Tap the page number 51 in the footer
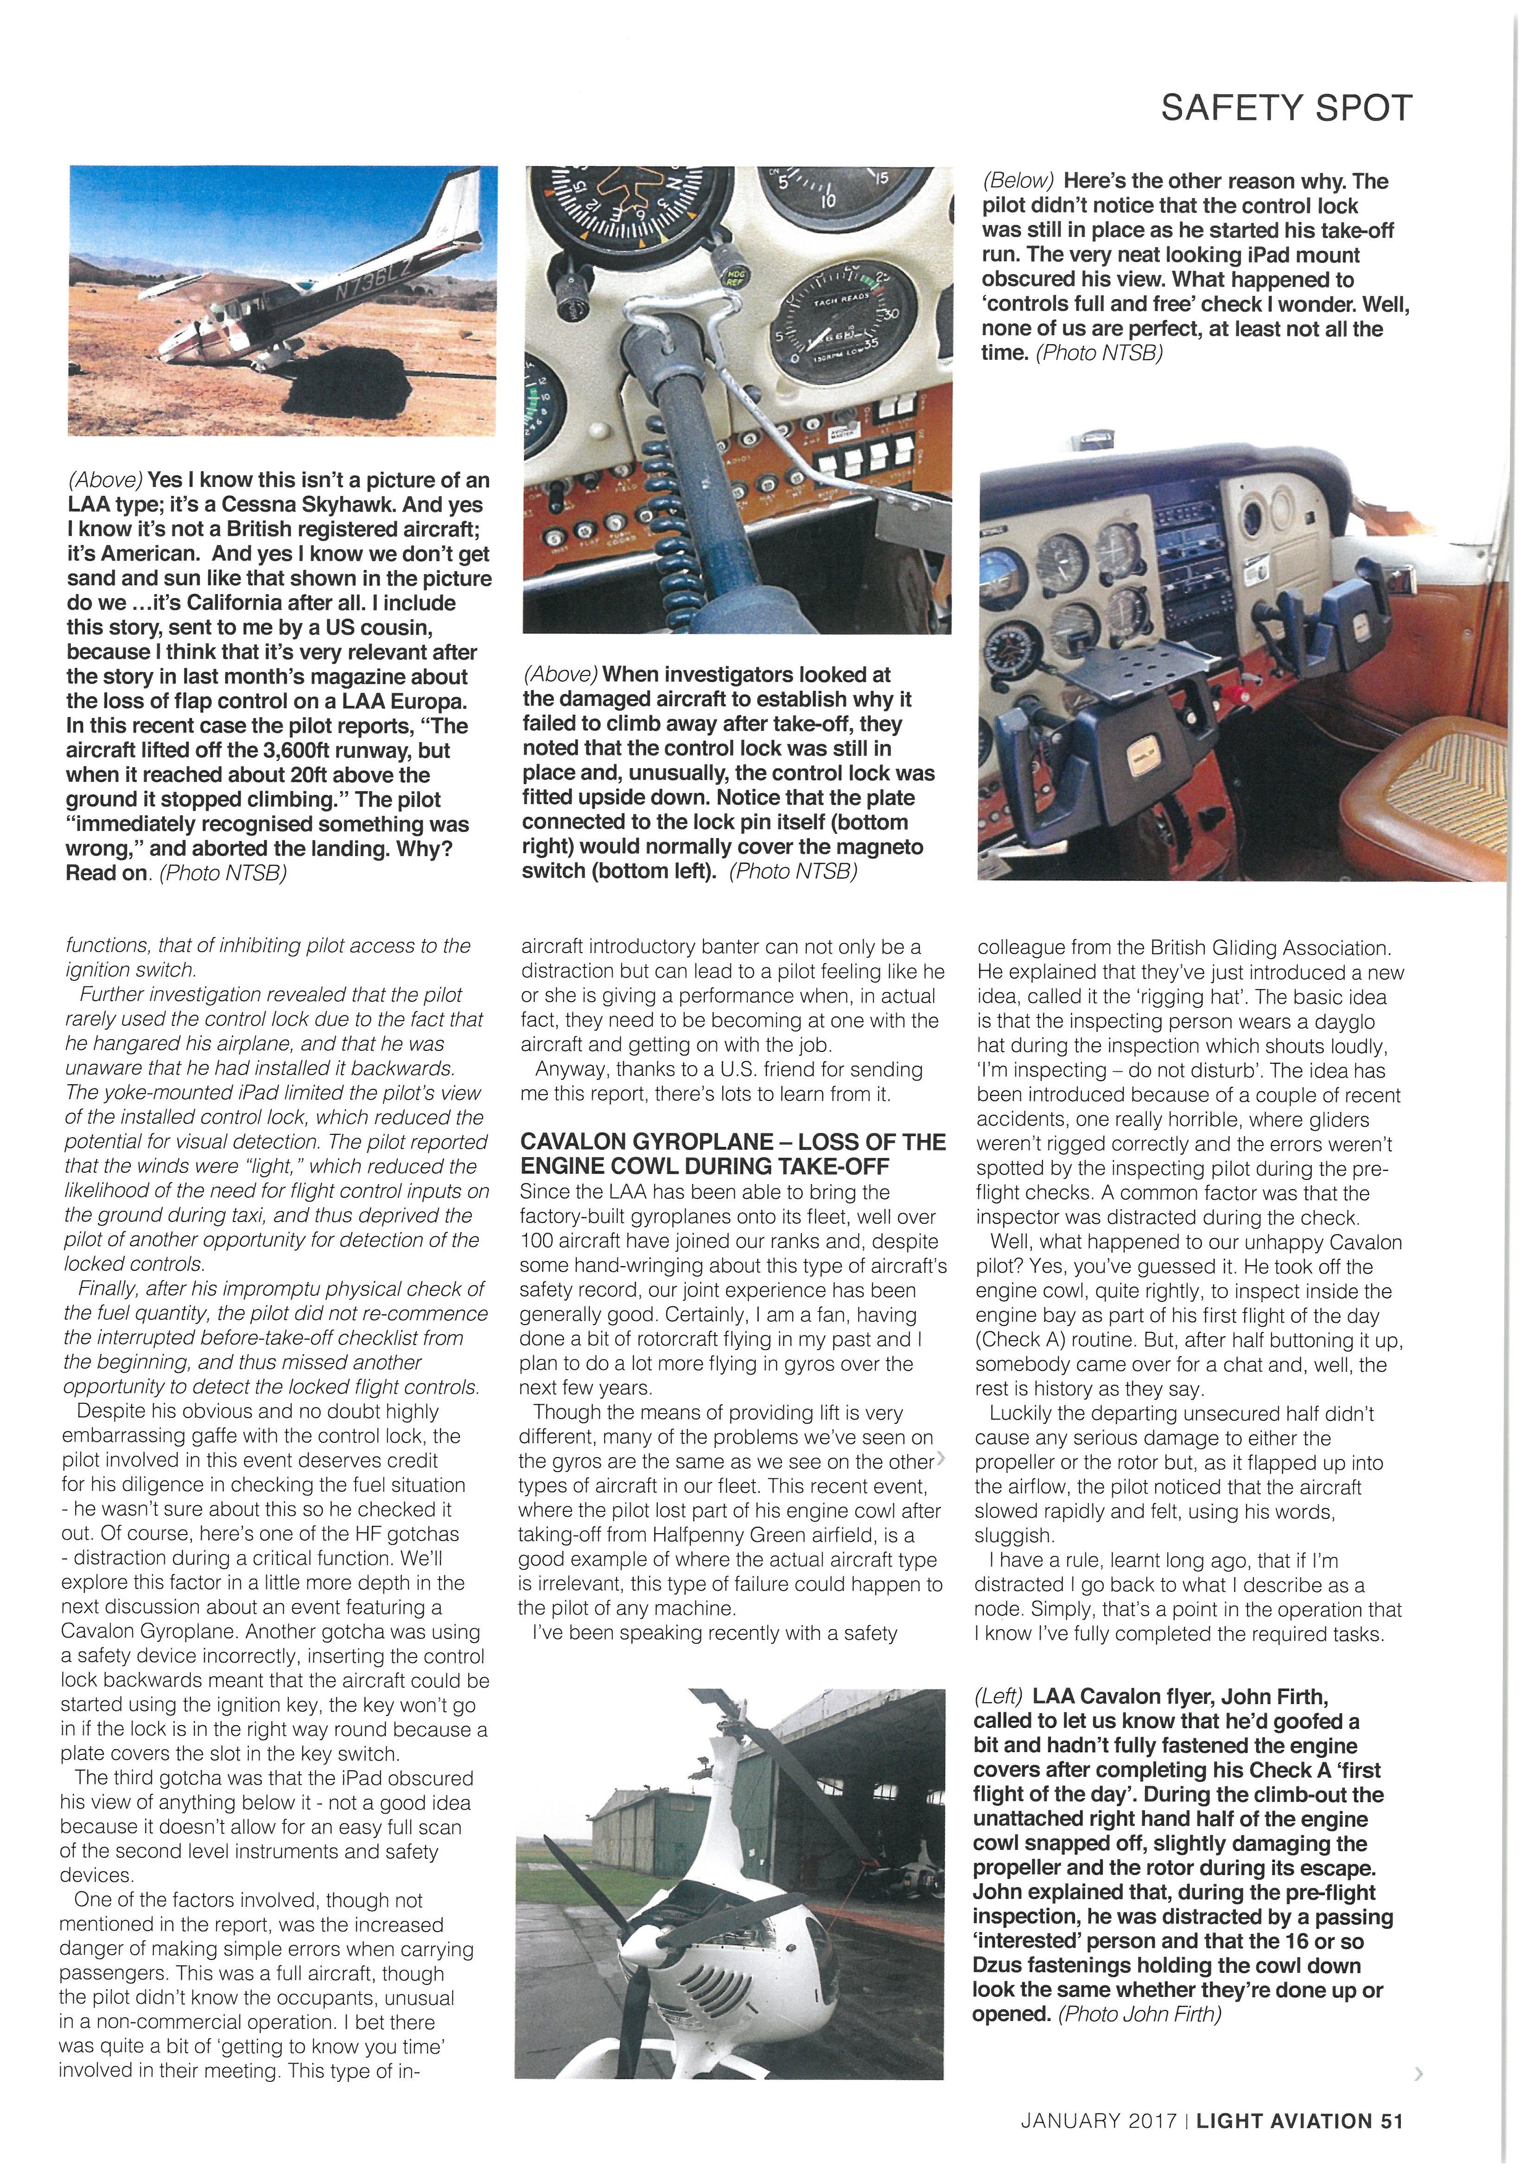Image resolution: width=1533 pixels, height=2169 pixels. click(x=1392, y=2121)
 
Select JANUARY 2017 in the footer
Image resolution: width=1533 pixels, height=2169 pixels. click(x=1098, y=2121)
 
